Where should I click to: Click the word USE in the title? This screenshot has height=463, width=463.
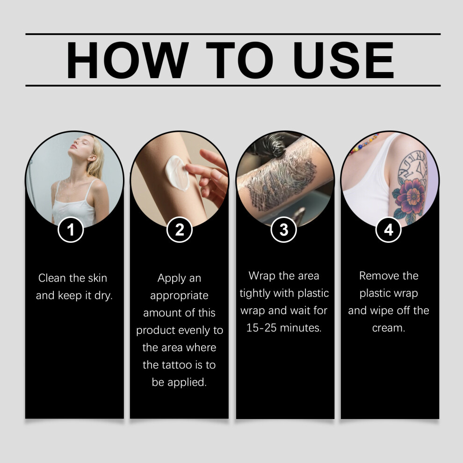pyautogui.click(x=343, y=60)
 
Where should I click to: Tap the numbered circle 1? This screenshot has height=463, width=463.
pyautogui.click(x=71, y=230)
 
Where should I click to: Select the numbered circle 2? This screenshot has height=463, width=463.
pyautogui.click(x=180, y=230)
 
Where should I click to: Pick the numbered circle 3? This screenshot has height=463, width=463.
pyautogui.click(x=284, y=230)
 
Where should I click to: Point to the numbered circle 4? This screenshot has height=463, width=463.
pyautogui.click(x=389, y=230)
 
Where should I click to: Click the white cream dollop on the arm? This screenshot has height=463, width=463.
pyautogui.click(x=177, y=174)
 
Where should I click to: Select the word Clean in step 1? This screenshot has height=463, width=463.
pyautogui.click(x=52, y=278)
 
